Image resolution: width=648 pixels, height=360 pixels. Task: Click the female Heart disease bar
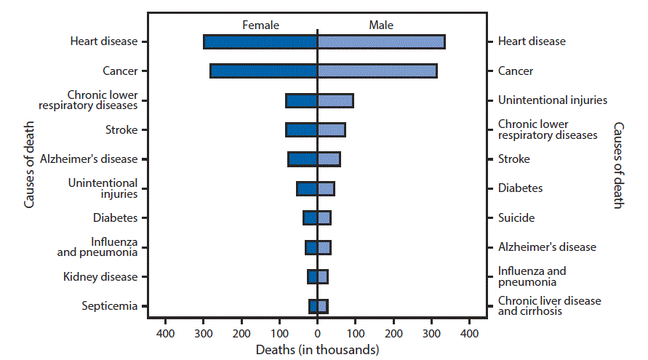pyautogui.click(x=260, y=41)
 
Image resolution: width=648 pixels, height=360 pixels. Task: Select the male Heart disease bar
pyautogui.click(x=380, y=41)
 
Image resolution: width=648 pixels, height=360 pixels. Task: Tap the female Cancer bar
pyautogui.click(x=263, y=71)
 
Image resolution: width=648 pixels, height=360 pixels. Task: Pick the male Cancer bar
pyautogui.click(x=377, y=71)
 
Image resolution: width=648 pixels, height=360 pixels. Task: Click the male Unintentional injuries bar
pyautogui.click(x=335, y=100)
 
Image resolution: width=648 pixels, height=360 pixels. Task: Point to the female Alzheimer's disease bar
pyautogui.click(x=303, y=159)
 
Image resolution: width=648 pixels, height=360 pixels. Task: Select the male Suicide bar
pyautogui.click(x=324, y=217)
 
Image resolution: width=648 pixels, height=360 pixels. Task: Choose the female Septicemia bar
pyautogui.click(x=313, y=306)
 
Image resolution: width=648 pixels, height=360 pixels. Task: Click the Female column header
pyautogui.click(x=260, y=25)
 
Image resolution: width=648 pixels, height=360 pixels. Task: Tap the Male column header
pyautogui.click(x=380, y=25)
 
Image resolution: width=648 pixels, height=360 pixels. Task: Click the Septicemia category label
pyautogui.click(x=109, y=306)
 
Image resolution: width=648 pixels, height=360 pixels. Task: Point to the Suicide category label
pyautogui.click(x=516, y=217)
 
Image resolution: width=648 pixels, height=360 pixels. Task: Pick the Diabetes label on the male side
pyautogui.click(x=520, y=188)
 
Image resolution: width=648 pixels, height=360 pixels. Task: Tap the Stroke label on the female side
pyautogui.click(x=121, y=130)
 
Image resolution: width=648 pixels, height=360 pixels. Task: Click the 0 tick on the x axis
pyautogui.click(x=317, y=333)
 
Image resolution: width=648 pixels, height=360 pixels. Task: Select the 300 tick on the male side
pyautogui.click(x=431, y=333)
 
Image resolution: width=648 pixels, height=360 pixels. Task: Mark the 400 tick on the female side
pyautogui.click(x=165, y=333)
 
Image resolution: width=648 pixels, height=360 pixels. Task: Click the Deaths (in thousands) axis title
pyautogui.click(x=317, y=350)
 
